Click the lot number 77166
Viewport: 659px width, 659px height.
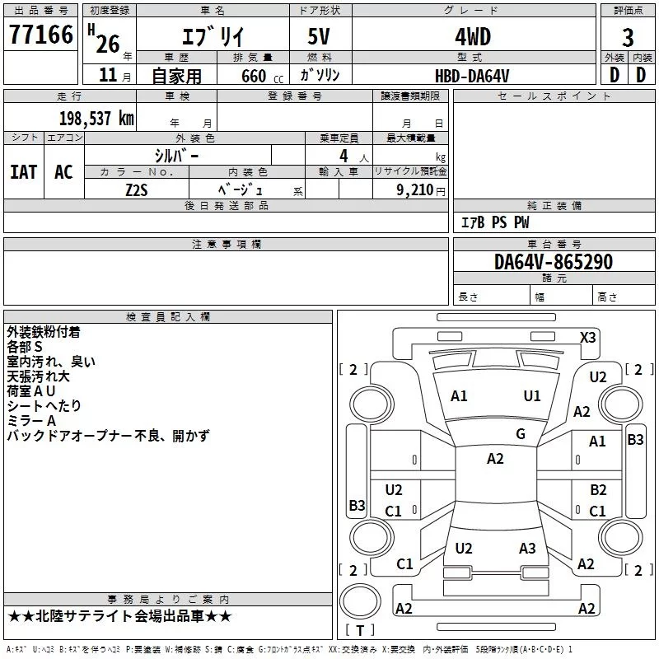(x=40, y=35)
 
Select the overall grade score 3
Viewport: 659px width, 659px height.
(x=628, y=37)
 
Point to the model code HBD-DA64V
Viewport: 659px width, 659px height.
(x=472, y=75)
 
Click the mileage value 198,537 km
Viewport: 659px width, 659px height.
(x=96, y=118)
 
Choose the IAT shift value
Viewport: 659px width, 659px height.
(x=23, y=172)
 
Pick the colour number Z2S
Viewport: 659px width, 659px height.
(x=137, y=189)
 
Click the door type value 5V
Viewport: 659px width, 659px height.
(x=321, y=37)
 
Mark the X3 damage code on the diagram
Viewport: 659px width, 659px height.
(x=588, y=337)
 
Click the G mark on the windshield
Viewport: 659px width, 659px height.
(x=521, y=434)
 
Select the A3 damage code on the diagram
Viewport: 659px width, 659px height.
(x=527, y=548)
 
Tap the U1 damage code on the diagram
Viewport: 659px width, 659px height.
(x=532, y=396)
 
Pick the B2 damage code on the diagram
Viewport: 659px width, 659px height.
(x=598, y=489)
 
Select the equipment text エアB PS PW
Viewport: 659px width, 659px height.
(x=494, y=222)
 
